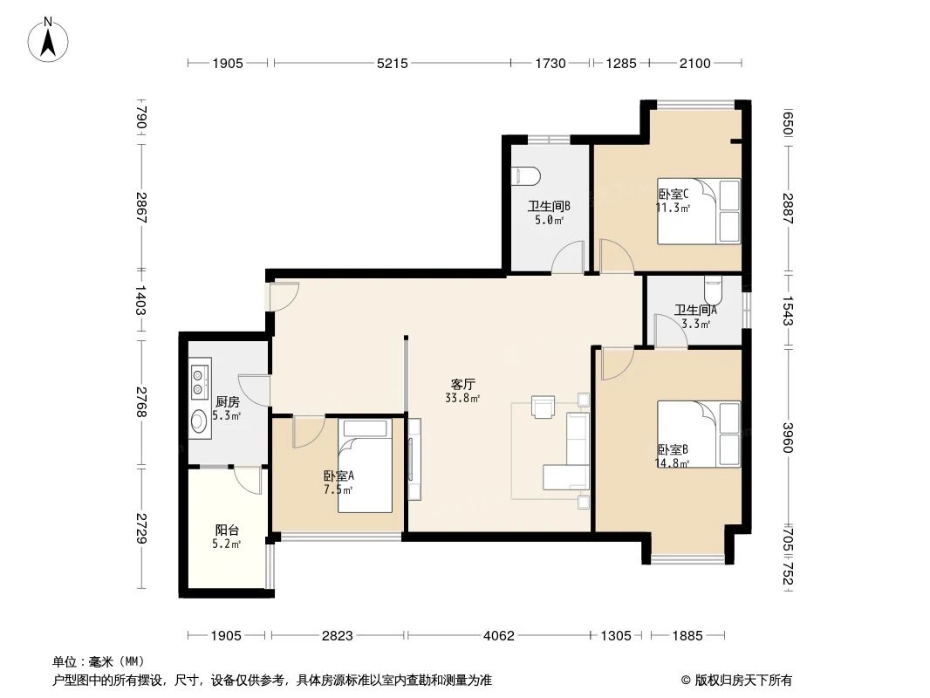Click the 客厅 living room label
tap(462, 384)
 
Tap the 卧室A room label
tap(338, 476)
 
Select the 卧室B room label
tap(673, 450)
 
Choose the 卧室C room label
tap(673, 195)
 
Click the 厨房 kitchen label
tap(227, 402)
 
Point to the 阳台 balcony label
tap(227, 530)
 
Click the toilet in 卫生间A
tap(713, 285)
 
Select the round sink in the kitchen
tap(200, 421)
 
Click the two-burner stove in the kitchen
tap(200, 378)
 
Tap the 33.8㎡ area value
tap(462, 398)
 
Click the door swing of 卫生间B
tap(568, 257)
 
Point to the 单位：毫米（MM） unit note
tap(98, 661)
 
